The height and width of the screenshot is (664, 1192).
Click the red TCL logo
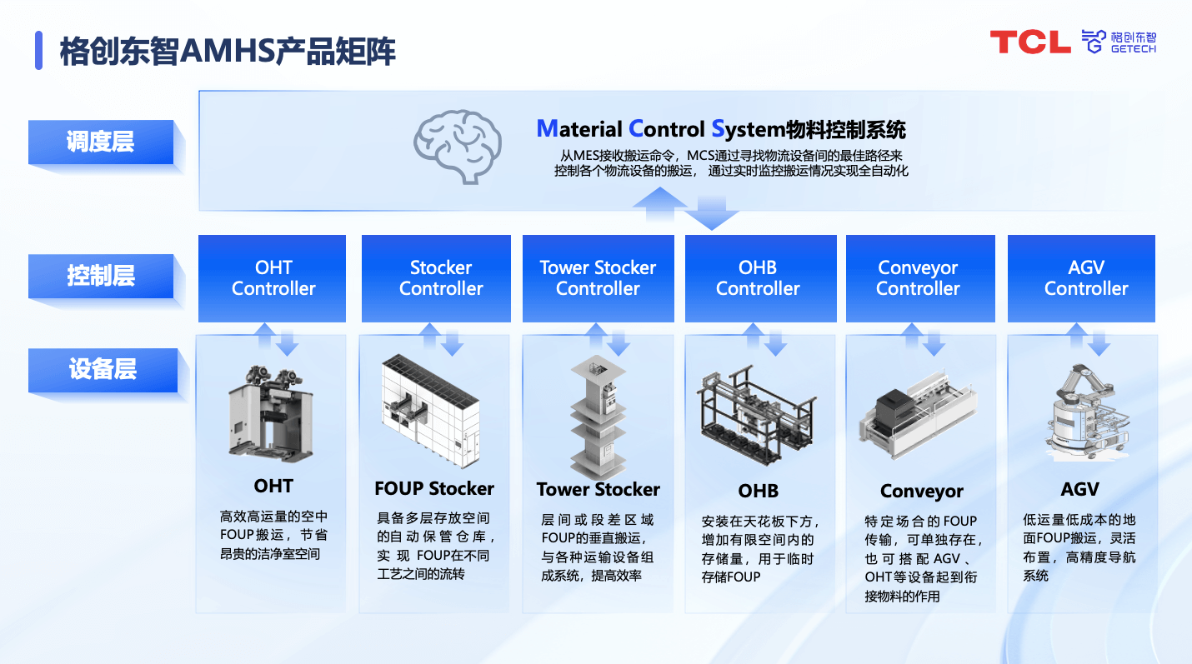1029,42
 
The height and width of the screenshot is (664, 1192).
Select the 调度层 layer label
101,142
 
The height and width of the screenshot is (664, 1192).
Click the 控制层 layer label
101,276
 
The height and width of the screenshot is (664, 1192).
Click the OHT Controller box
273,278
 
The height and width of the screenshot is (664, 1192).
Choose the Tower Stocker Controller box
598,278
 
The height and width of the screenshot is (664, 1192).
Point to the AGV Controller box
1081,278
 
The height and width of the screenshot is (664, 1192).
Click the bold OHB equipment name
758,491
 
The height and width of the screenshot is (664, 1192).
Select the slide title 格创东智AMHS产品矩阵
228,52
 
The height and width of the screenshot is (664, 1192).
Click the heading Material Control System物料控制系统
721,129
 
